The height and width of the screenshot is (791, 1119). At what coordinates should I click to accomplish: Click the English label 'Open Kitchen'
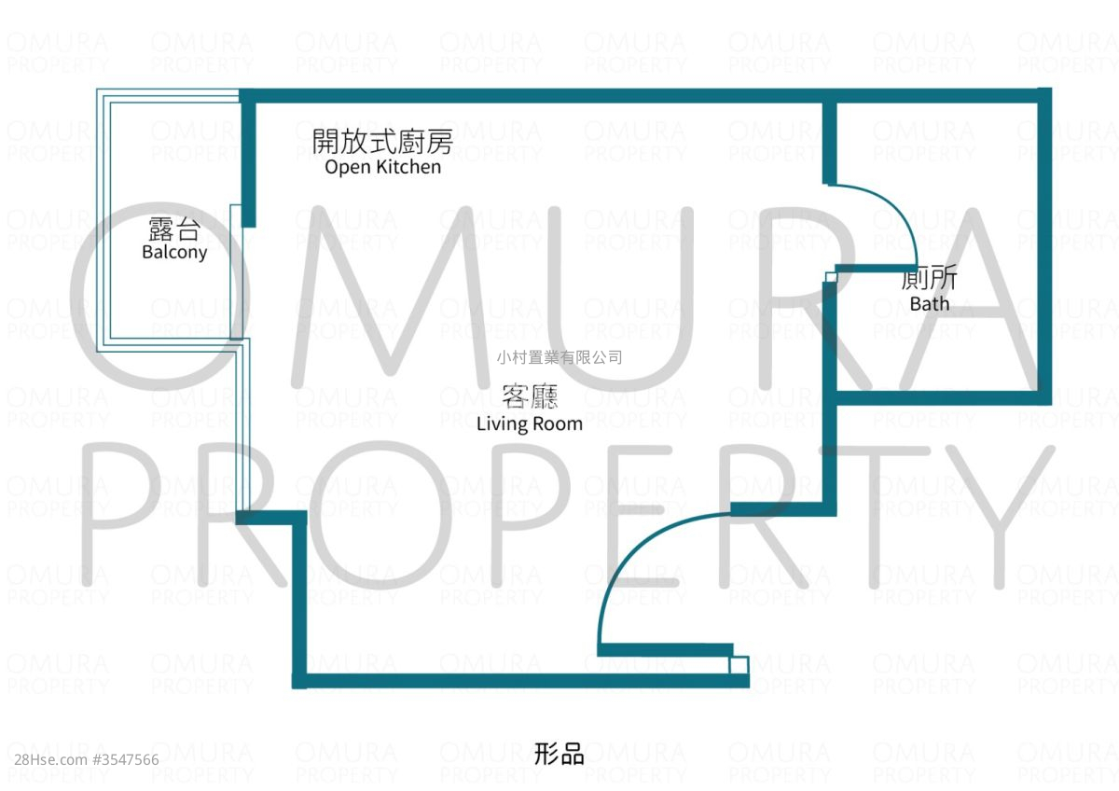point(382,167)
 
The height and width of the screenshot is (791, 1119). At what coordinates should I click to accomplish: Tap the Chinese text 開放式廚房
point(382,142)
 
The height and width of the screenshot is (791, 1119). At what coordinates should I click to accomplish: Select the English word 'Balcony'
point(174,252)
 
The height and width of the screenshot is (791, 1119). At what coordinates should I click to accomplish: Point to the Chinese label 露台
point(174,229)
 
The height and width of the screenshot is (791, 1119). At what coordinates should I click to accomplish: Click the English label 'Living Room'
point(529,423)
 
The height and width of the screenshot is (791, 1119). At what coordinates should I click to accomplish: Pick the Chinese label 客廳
point(530,398)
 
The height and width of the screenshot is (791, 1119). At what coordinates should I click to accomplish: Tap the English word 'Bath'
point(929,303)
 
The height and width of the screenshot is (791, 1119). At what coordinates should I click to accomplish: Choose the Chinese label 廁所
point(929,280)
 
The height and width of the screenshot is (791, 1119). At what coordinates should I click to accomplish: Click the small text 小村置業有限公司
point(559,357)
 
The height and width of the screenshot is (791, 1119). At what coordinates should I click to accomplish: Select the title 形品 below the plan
point(559,754)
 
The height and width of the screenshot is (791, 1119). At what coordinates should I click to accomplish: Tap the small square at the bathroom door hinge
point(830,277)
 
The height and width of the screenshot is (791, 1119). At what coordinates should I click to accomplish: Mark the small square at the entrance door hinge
point(739,665)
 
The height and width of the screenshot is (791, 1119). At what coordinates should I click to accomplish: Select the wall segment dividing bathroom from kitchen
point(829,140)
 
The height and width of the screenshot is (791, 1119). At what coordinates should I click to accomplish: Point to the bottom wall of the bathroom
point(942,398)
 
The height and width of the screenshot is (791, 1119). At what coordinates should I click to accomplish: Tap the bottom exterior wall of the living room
point(522,681)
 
